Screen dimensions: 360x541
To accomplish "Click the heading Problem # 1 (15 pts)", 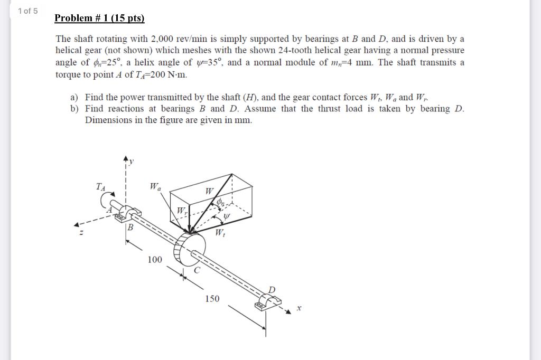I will [100, 18].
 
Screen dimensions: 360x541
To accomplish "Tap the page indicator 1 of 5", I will [27, 11].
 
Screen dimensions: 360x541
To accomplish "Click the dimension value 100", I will [155, 259].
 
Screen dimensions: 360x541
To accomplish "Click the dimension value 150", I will [212, 299].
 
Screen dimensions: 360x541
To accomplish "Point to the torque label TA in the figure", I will [100, 186].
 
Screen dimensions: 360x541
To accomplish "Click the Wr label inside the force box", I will [181, 211].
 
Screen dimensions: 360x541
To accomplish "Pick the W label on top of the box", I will [210, 190].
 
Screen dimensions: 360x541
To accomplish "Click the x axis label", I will [298, 308].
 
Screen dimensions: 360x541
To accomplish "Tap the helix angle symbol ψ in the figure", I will [227, 216].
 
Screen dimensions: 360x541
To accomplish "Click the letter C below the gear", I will [197, 271].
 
